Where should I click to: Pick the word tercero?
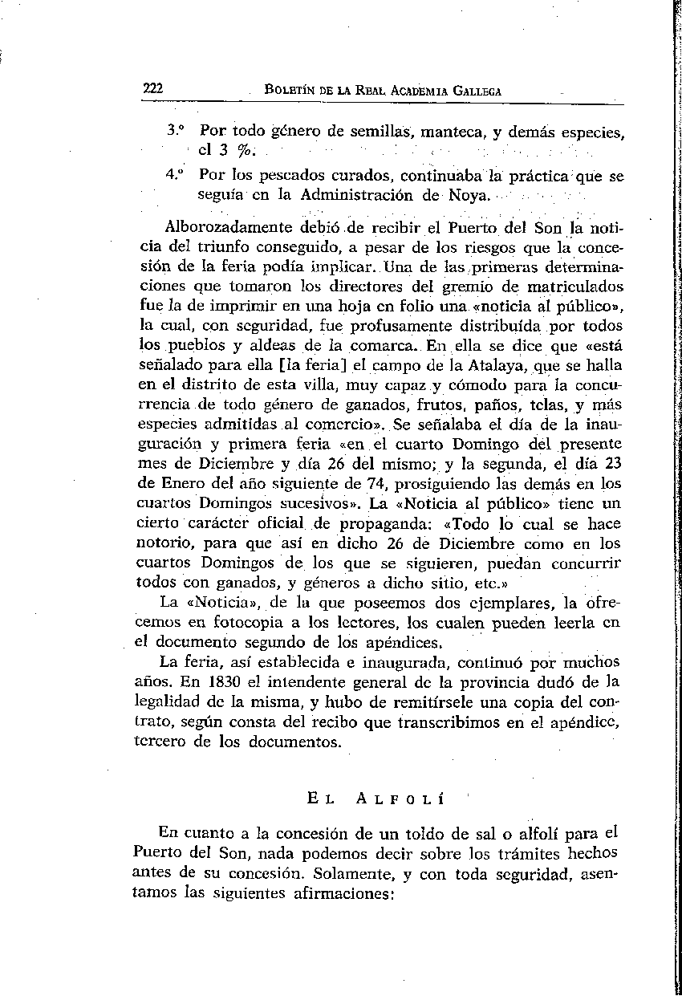pyautogui.click(x=160, y=742)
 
